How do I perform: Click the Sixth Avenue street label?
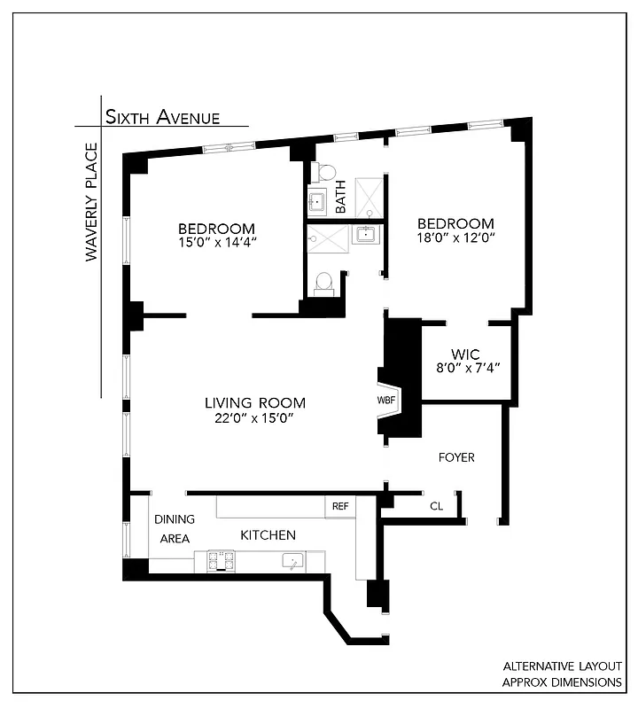tap(162, 116)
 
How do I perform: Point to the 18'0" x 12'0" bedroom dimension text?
tap(455, 238)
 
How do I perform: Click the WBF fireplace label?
tap(386, 401)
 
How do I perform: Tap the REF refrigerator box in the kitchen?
tap(340, 506)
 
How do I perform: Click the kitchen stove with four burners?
tap(221, 560)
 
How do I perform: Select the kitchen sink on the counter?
tap(292, 560)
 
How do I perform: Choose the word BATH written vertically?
tap(341, 197)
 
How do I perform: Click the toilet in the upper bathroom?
tap(326, 172)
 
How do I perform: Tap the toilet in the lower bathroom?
tap(323, 282)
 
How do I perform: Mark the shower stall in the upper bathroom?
tap(368, 197)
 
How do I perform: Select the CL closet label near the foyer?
tap(436, 506)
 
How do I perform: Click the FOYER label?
tap(456, 457)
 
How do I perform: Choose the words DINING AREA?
tap(174, 528)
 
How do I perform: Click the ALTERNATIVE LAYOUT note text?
tap(562, 666)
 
